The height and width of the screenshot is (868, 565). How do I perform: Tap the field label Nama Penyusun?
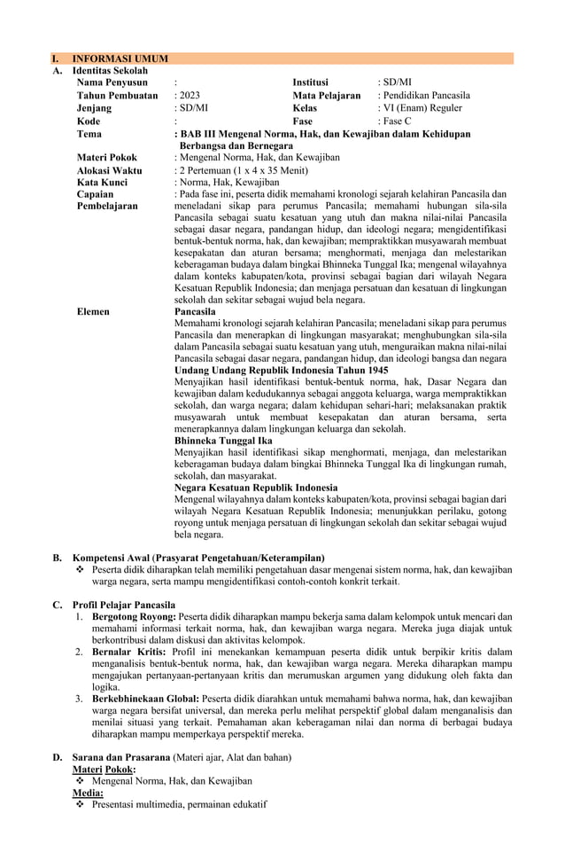pos(112,82)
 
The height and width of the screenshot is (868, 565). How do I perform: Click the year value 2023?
pos(190,95)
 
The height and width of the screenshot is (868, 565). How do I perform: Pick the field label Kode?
pos(89,121)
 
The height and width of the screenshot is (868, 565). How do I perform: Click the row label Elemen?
pos(93,312)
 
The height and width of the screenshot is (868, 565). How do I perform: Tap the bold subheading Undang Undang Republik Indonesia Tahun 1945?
pos(282,369)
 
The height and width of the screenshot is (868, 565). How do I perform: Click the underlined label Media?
pos(88,793)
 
